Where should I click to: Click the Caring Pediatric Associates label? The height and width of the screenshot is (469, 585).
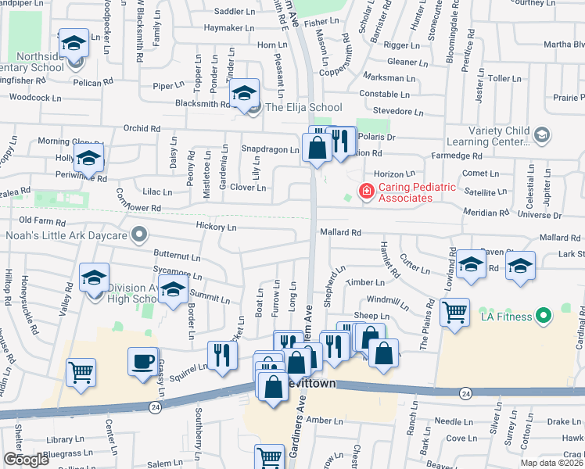pyautogui.click(x=406, y=192)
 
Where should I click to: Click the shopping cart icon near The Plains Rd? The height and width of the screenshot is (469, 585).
pyautogui.click(x=454, y=313)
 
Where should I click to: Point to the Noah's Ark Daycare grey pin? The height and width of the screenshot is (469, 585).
pyautogui.click(x=139, y=234)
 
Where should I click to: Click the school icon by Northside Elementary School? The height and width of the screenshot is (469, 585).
pyautogui.click(x=74, y=44)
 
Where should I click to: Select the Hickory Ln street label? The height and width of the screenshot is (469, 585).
pyautogui.click(x=216, y=227)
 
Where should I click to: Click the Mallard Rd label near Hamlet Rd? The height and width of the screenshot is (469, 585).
pyautogui.click(x=340, y=232)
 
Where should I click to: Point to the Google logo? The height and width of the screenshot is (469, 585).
pyautogui.click(x=26, y=460)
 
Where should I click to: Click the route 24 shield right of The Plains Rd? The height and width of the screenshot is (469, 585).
pyautogui.click(x=465, y=392)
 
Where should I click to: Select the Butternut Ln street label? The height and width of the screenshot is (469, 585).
pyautogui.click(x=177, y=256)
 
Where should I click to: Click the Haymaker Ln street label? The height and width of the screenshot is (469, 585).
pyautogui.click(x=224, y=28)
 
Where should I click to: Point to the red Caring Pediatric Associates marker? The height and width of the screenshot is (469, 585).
pyautogui.click(x=365, y=191)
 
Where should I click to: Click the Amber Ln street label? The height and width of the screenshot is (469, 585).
pyautogui.click(x=320, y=420)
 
